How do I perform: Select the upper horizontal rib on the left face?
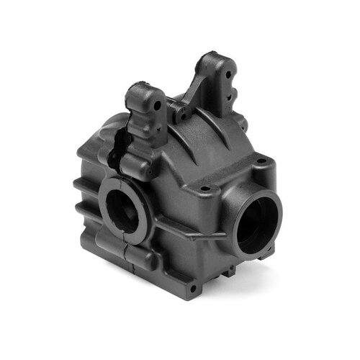pyautogui.click(x=83, y=184)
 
